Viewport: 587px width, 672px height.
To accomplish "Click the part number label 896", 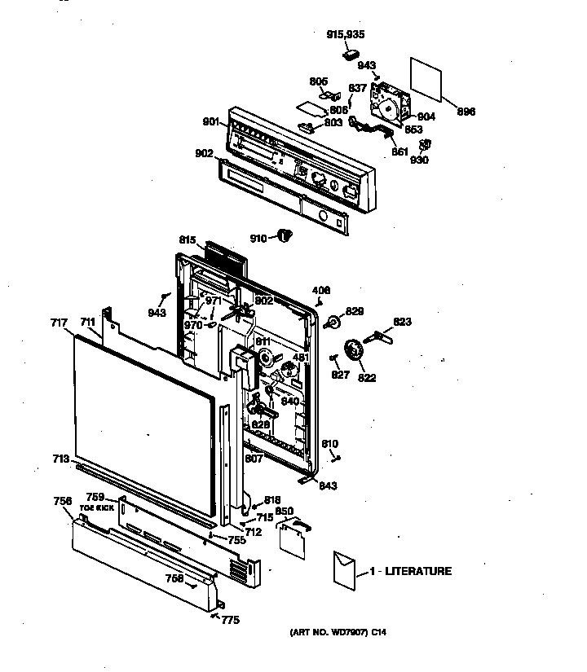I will pos(466,112).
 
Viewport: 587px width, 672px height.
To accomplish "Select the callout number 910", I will pos(258,238).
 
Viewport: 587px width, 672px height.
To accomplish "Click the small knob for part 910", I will pos(284,236).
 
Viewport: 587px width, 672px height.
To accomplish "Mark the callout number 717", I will pos(58,323).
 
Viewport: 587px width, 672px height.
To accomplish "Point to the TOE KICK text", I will pos(101,507).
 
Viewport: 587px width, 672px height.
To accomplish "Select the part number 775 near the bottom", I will pos(231,620).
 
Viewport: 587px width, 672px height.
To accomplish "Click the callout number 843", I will pos(329,485).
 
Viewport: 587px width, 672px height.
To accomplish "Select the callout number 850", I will pos(285,511).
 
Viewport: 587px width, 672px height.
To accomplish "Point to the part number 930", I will pos(419,160).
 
